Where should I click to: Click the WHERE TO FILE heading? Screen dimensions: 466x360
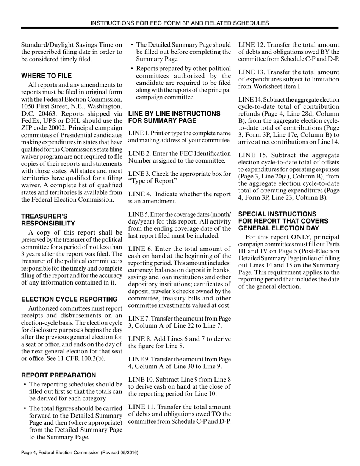coord(46,76)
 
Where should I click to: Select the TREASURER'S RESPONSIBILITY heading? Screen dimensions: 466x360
coord(48,220)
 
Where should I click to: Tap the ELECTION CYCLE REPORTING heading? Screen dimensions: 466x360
coord(69,299)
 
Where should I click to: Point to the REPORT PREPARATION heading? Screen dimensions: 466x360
coord(59,375)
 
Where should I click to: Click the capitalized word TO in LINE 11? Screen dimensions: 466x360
coord(213,414)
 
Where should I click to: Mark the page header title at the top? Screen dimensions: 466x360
coord(180,23)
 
